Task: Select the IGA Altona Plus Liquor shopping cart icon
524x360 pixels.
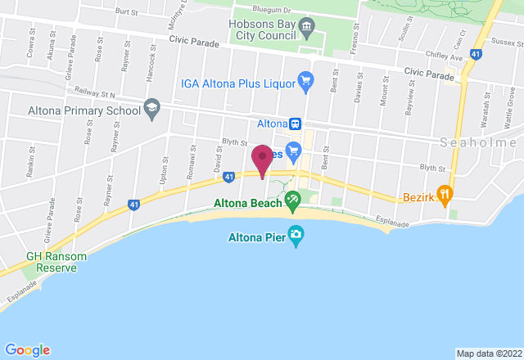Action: tap(306, 80)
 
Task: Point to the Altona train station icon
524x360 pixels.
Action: tap(295, 124)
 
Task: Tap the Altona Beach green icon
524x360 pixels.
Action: tap(292, 199)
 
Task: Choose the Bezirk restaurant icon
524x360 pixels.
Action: tap(445, 194)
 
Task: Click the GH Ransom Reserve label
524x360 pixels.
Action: tap(56, 262)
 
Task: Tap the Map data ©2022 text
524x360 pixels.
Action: tap(487, 353)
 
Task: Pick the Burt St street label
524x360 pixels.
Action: tap(127, 12)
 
